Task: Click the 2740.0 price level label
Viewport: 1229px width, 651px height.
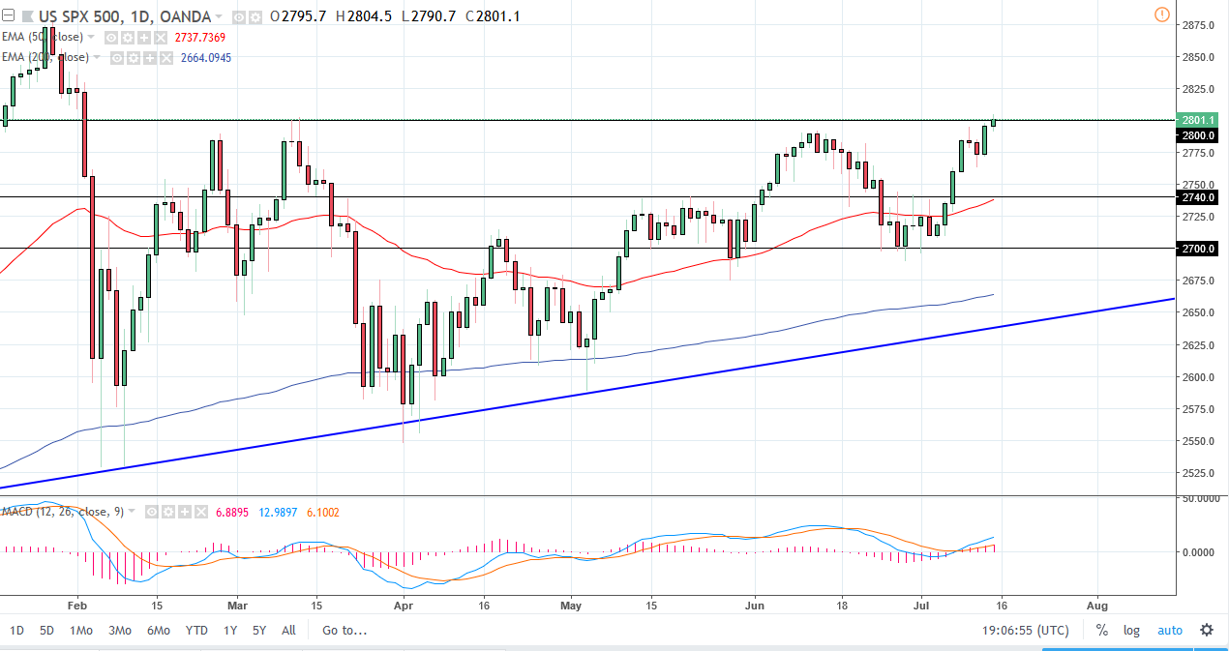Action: tap(1197, 197)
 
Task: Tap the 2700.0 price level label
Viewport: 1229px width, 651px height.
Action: tap(1197, 249)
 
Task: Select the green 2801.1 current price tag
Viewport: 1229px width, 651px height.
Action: tap(1197, 120)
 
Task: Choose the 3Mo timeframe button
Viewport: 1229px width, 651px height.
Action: tap(119, 631)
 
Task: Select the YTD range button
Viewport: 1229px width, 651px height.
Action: tap(196, 631)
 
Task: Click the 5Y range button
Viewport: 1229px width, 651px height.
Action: tap(258, 631)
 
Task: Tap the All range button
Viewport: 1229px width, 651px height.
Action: tap(288, 631)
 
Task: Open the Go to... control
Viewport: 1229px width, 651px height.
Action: tap(345, 631)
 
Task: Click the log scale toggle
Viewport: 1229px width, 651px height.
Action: tap(1131, 631)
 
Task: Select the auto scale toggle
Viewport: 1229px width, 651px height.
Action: tap(1170, 631)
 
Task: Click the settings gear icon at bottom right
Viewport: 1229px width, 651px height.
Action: tap(1207, 631)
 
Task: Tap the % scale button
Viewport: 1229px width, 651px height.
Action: tap(1101, 631)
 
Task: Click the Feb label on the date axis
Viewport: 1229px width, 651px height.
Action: tap(78, 607)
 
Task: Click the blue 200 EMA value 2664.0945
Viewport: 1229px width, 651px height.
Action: tap(205, 58)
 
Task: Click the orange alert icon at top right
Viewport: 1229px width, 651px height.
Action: tap(1161, 15)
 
